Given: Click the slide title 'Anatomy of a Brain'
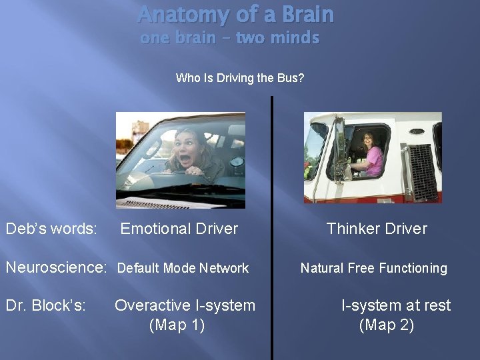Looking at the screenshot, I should (235, 15).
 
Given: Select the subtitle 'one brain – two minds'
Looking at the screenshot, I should (229, 38).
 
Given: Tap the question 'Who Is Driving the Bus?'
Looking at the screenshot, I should (239, 78).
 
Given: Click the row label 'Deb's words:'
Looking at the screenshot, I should (51, 229).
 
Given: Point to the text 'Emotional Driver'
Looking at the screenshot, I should (179, 229).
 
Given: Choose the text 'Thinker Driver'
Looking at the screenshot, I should (377, 229).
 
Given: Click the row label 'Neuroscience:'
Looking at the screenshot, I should (56, 268).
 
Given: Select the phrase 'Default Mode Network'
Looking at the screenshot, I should (183, 268).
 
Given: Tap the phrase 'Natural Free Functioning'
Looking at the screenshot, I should (373, 268).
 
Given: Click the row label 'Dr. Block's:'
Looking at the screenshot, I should (45, 305).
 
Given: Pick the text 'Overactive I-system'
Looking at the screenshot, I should (185, 305).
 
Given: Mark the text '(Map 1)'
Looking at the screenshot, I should (177, 325).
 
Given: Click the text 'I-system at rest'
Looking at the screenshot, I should (396, 305).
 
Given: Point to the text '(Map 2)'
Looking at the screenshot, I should (387, 325).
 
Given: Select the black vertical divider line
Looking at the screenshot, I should (271, 227).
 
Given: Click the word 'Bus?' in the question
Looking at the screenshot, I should (291, 78).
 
